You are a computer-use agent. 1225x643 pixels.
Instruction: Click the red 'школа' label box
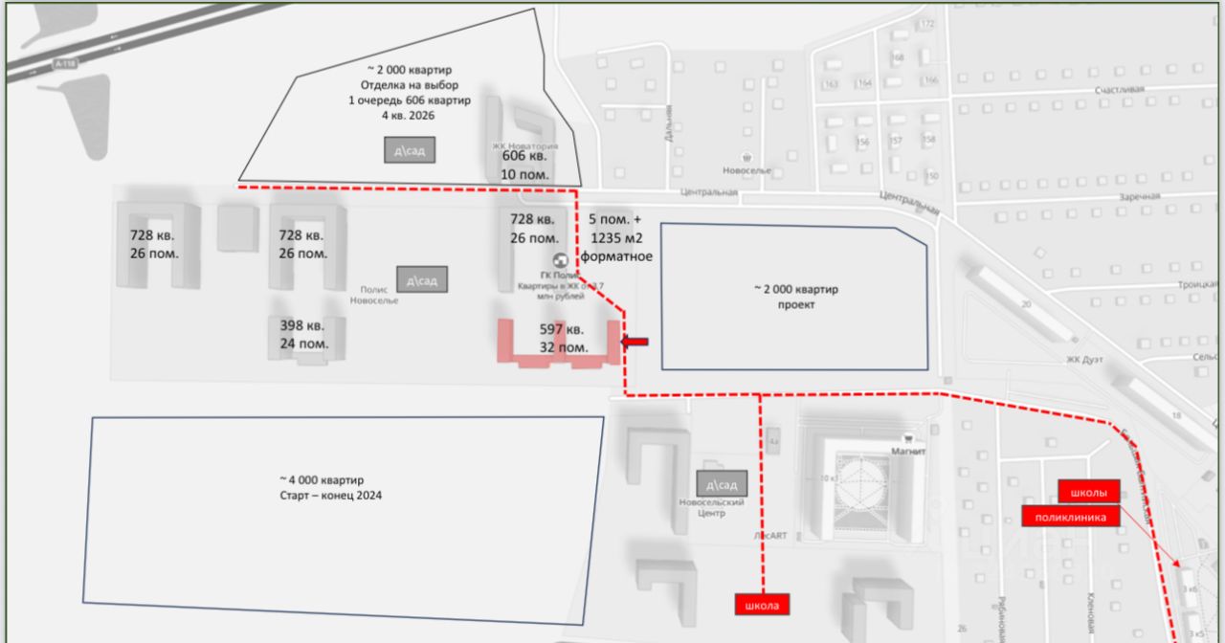click(764, 605)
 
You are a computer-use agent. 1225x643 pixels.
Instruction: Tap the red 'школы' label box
click(1089, 493)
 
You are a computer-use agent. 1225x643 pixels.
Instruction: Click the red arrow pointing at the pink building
click(635, 341)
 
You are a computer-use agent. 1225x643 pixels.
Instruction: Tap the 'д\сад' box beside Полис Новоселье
click(422, 280)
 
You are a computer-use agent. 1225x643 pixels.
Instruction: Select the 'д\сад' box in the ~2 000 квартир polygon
click(411, 149)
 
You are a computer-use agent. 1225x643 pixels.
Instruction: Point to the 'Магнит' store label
click(907, 452)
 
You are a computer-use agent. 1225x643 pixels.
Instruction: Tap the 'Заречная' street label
click(1139, 196)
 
